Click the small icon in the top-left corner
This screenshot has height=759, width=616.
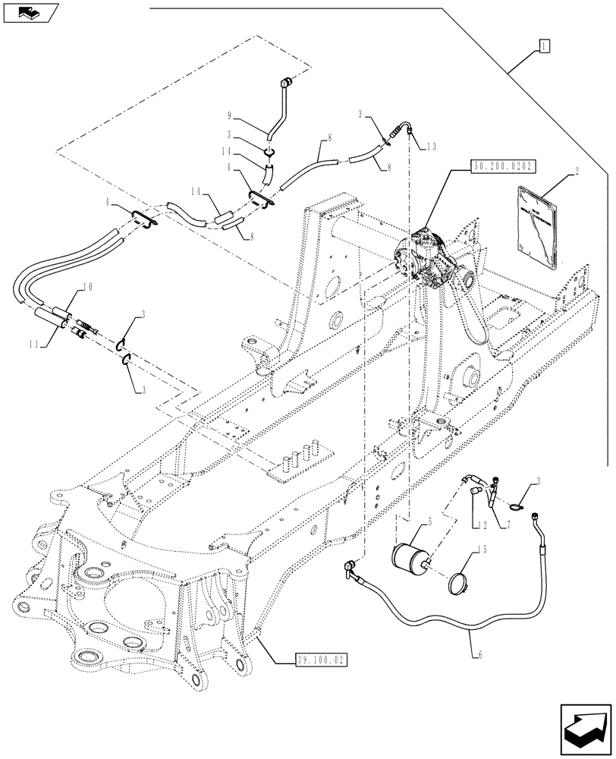click(30, 12)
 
